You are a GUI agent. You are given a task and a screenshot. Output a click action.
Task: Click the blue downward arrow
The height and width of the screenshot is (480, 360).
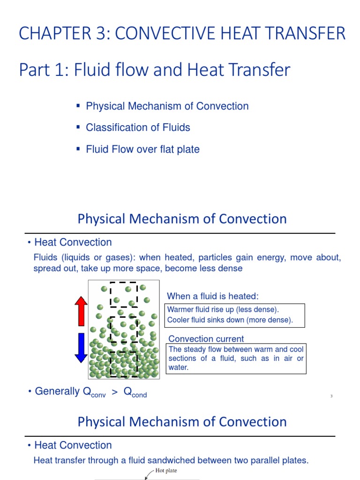coord(81,347)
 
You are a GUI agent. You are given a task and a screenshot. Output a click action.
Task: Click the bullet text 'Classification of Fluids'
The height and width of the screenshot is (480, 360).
coord(138,127)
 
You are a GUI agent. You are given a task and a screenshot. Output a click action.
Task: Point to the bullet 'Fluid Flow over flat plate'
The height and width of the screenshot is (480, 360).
coord(142,150)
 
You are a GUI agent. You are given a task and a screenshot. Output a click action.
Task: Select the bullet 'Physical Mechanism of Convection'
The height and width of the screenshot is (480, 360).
coord(167,106)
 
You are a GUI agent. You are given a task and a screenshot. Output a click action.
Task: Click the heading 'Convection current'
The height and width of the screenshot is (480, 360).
coord(206,339)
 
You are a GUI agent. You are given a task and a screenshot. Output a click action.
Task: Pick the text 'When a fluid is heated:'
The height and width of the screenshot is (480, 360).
coord(213,296)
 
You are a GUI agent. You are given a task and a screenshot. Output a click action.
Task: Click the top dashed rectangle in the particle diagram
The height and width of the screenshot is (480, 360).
coord(124,294)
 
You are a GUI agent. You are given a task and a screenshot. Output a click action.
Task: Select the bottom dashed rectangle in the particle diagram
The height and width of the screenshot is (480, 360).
coord(123,364)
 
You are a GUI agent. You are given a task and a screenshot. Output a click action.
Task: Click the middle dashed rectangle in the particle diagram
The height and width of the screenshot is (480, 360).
coord(123,330)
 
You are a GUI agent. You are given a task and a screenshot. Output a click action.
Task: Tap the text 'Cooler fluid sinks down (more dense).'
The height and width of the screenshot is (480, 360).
coord(230,320)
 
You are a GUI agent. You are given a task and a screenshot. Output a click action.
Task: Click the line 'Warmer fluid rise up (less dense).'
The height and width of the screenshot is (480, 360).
coord(223,310)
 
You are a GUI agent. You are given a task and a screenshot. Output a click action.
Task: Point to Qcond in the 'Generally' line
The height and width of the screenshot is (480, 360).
coord(135,392)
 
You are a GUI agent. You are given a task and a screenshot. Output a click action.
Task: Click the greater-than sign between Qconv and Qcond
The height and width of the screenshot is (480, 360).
coord(114,392)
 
